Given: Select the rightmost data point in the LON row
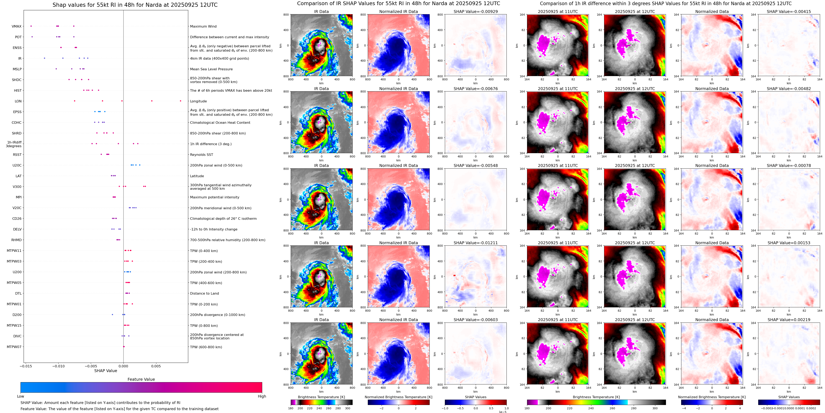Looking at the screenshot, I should [180, 101].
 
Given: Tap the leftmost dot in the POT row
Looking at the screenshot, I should [32, 37].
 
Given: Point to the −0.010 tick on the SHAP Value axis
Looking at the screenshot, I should [58, 366].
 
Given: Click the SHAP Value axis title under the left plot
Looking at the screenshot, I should [105, 371].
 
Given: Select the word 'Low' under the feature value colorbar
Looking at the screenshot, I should [21, 396].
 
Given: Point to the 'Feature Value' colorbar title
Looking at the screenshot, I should [141, 379].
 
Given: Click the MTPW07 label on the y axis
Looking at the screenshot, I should [14, 347].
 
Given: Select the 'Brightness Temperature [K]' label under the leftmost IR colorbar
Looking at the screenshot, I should [321, 397].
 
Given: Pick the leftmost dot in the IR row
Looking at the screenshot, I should [45, 58].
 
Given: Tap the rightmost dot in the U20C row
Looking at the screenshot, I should [140, 165].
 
